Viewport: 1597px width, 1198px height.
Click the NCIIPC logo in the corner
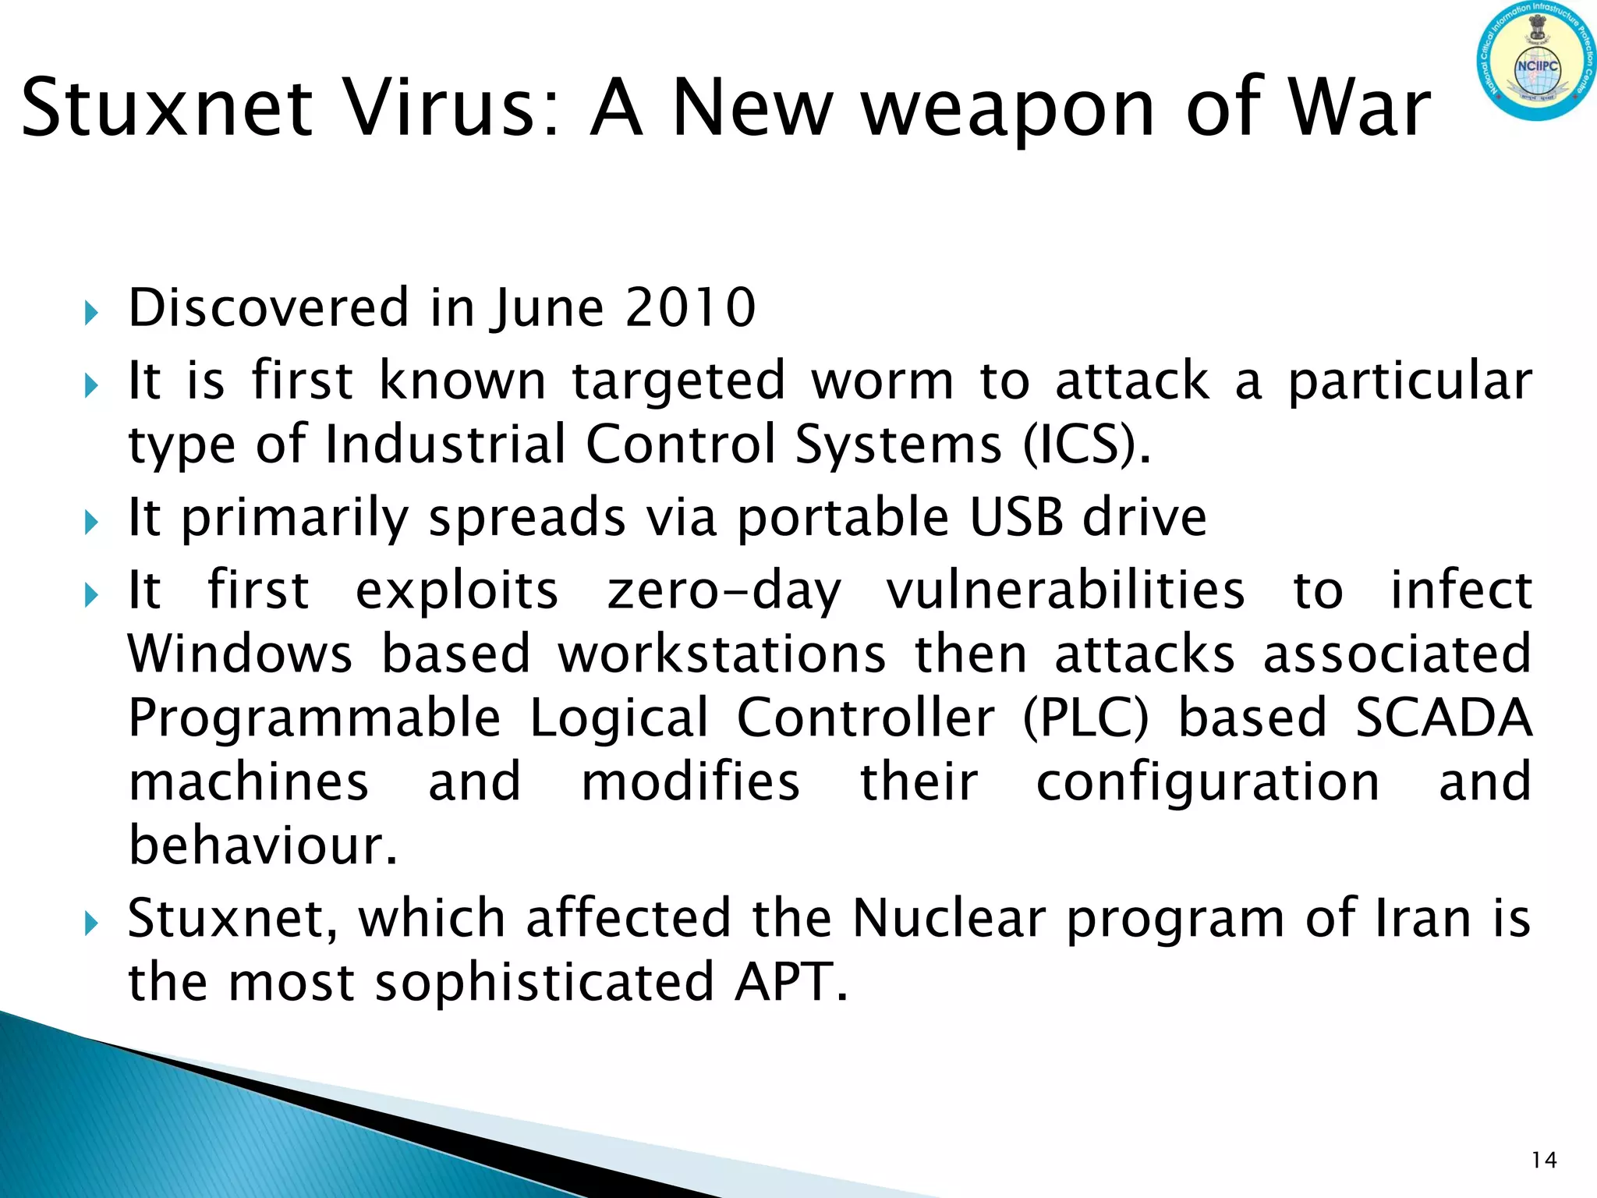click(1536, 60)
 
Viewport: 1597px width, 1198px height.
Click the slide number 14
click(1544, 1161)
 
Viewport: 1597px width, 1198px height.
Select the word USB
click(1017, 517)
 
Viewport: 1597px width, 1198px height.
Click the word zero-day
click(724, 591)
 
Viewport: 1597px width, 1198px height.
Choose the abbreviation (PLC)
click(1085, 718)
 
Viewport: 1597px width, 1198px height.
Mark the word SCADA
click(1443, 718)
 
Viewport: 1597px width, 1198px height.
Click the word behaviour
click(263, 845)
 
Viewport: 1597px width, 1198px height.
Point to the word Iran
click(1423, 918)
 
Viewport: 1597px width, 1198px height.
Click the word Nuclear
click(948, 918)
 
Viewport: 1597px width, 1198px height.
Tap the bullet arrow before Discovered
click(91, 314)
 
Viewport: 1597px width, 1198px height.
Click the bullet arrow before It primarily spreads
click(91, 522)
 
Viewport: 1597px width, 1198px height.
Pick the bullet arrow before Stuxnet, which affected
click(91, 923)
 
